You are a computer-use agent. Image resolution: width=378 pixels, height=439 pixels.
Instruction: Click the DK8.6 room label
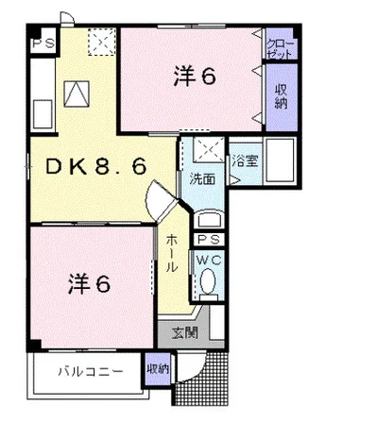[x=96, y=166]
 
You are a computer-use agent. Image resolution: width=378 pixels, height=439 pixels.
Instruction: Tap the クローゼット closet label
[x=280, y=48]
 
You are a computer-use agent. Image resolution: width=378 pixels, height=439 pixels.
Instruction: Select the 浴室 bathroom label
[x=245, y=160]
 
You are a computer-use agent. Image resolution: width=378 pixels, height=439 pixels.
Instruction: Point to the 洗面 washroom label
[x=202, y=178]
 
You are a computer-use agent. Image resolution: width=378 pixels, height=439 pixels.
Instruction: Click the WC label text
[x=209, y=261]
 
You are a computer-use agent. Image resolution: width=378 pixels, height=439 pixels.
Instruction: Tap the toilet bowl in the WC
[x=208, y=281]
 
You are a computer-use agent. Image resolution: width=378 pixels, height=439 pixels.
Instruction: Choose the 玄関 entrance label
[x=185, y=332]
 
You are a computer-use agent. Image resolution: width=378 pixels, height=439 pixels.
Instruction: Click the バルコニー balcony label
[x=91, y=372]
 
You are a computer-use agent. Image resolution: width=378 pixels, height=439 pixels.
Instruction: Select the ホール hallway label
[x=172, y=253]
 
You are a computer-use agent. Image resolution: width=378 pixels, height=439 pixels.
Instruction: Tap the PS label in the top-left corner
[x=43, y=42]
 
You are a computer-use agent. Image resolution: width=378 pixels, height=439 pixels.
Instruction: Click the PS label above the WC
[x=209, y=240]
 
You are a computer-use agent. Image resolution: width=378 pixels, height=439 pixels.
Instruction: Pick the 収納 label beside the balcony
[x=158, y=369]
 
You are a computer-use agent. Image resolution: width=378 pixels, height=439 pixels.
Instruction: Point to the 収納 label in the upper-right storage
[x=281, y=96]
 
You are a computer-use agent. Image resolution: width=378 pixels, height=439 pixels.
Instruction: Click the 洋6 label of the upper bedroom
[x=195, y=76]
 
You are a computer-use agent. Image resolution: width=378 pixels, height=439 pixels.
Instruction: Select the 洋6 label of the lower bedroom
[x=89, y=283]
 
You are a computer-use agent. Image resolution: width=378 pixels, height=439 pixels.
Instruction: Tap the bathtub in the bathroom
[x=280, y=160]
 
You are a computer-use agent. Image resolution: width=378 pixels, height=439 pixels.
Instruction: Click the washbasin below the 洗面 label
[x=208, y=219]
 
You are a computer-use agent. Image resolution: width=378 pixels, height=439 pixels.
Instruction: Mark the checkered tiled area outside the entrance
[x=200, y=379]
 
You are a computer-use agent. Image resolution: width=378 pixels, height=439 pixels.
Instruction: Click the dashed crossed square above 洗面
[x=208, y=150]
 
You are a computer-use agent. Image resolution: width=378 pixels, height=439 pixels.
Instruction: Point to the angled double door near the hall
[x=162, y=201]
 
